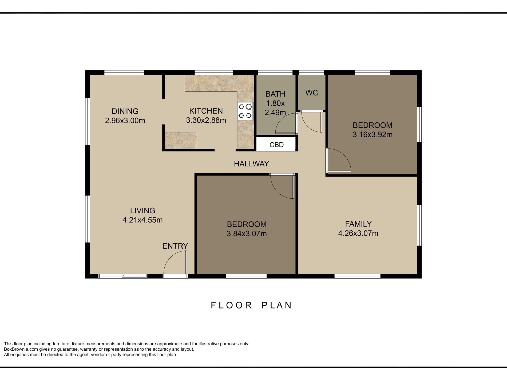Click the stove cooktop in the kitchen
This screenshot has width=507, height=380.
(245, 111)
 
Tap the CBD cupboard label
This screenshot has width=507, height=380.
(276, 145)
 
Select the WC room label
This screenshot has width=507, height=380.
(312, 93)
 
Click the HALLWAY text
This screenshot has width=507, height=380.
(251, 164)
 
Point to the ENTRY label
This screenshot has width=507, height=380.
(175, 246)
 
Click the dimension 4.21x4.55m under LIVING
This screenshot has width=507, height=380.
(142, 220)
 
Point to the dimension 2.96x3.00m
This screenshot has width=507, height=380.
(125, 121)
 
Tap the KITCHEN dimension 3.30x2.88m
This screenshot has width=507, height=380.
(206, 120)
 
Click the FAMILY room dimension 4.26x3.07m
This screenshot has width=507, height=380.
(358, 233)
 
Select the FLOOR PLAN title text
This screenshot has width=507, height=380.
(251, 305)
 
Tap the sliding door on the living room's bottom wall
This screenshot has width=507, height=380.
(123, 276)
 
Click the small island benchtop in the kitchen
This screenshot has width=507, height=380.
(181, 141)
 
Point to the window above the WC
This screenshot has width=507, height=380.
(311, 72)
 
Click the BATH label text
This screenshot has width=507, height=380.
(275, 94)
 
